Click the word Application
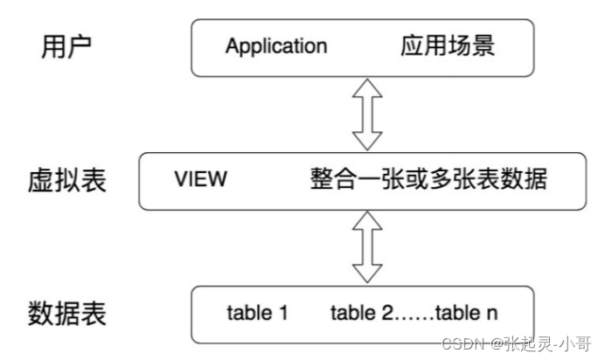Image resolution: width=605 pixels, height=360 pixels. pos(276,46)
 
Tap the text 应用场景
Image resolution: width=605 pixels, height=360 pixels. pos(448,45)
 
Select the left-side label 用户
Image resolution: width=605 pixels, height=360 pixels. pos(66,46)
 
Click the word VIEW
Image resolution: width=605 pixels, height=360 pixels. pos(200,179)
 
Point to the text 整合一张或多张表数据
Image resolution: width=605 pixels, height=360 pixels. pos(428,179)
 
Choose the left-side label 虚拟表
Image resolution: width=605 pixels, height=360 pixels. pos(67,180)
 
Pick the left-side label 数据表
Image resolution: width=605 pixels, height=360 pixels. pos(67,314)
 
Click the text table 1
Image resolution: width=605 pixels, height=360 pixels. pos(257,312)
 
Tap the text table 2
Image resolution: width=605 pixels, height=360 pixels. pos(362,312)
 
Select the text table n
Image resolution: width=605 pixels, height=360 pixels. pos(467,312)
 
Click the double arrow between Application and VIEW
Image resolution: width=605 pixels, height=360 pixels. pos(367,114)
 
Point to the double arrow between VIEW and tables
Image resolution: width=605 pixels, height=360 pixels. pos(367,247)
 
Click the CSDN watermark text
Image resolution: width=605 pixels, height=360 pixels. pos(516,343)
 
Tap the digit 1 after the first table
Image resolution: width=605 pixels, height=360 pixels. pos(283,312)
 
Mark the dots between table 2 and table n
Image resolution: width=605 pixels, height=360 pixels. pos(414,318)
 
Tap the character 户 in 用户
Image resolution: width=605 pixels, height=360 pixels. pos(80,46)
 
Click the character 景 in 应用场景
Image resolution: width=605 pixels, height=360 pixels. pos(483,45)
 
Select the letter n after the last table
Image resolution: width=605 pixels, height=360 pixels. pos(492,315)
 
